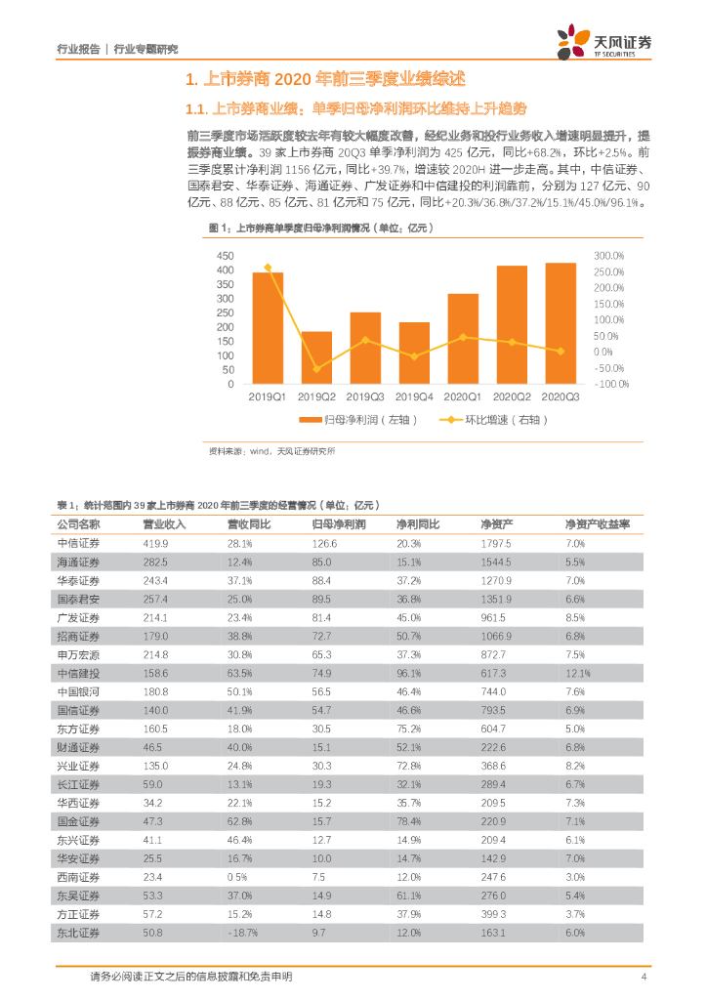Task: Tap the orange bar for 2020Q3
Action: pyautogui.click(x=560, y=323)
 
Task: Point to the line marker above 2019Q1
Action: pyautogui.click(x=268, y=268)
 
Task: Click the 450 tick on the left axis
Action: pyautogui.click(x=225, y=256)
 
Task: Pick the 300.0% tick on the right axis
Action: pyautogui.click(x=609, y=256)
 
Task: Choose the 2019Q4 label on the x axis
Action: pyautogui.click(x=413, y=396)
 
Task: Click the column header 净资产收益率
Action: pyautogui.click(x=598, y=524)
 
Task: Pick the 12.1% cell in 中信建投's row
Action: pyautogui.click(x=579, y=674)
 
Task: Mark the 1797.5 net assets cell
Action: pyautogui.click(x=496, y=543)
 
